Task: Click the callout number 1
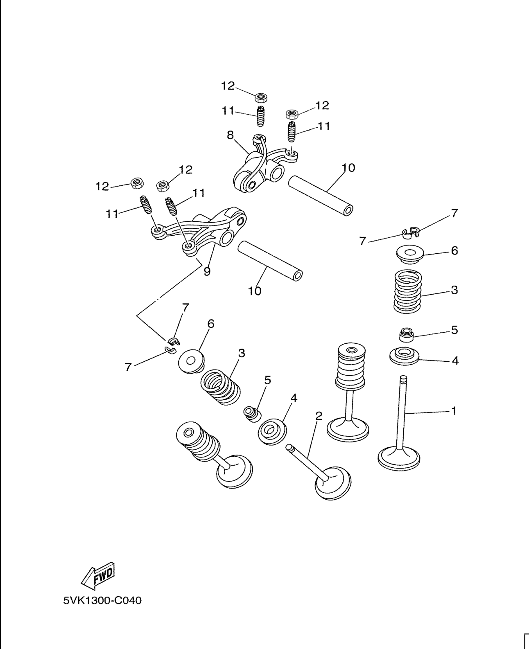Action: [x=454, y=411]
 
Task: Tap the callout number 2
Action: [x=319, y=416]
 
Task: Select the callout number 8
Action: [x=230, y=135]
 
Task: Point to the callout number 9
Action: [x=207, y=271]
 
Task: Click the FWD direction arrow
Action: [x=97, y=576]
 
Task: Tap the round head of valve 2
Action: [x=333, y=483]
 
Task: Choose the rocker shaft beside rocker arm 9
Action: [x=270, y=261]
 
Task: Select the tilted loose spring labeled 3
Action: [x=220, y=387]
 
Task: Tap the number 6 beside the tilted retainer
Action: [x=211, y=324]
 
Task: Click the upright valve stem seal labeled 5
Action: [x=407, y=335]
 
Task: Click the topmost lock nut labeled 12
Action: [x=261, y=98]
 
